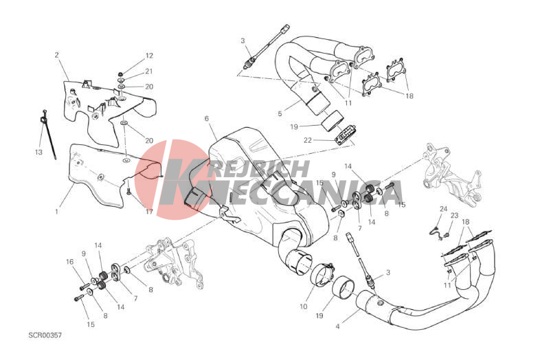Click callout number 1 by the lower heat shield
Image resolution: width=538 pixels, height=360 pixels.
click(56, 212)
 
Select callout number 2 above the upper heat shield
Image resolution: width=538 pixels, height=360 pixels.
click(56, 54)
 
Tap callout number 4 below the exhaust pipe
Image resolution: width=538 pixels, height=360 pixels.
click(337, 326)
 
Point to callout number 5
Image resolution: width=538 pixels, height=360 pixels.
click(280, 113)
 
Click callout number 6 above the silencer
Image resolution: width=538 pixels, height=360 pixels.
click(207, 118)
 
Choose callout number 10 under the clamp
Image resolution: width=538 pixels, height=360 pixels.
click(304, 306)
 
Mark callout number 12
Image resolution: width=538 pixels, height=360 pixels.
click(149, 56)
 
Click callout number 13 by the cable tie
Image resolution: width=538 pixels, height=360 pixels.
click(38, 152)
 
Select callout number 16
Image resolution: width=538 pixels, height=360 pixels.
click(69, 262)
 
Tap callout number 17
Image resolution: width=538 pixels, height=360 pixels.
click(149, 212)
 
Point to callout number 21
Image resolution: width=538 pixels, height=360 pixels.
click(148, 71)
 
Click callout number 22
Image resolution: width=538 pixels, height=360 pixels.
click(308, 140)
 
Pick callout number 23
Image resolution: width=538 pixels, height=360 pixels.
click(454, 216)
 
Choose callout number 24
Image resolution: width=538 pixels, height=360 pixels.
click(444, 209)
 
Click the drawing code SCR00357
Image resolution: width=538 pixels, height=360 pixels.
click(45, 335)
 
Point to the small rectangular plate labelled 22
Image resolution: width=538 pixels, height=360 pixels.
click(345, 135)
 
